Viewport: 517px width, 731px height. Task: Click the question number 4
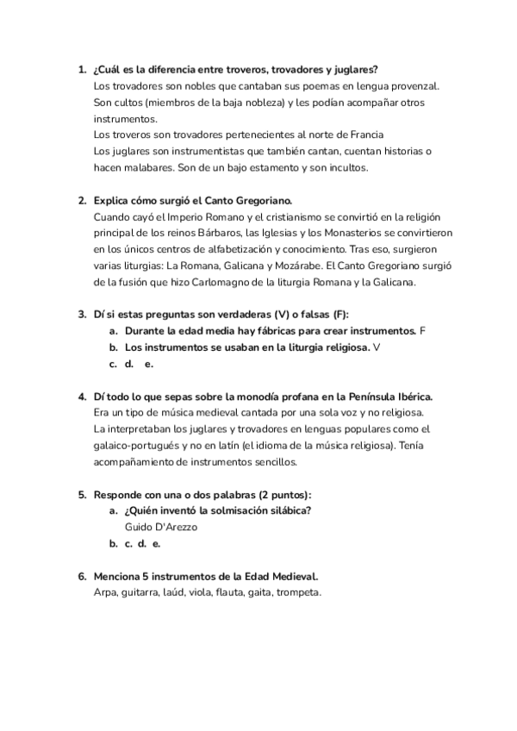tap(81, 396)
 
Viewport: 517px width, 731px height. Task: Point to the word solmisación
tap(224, 510)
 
